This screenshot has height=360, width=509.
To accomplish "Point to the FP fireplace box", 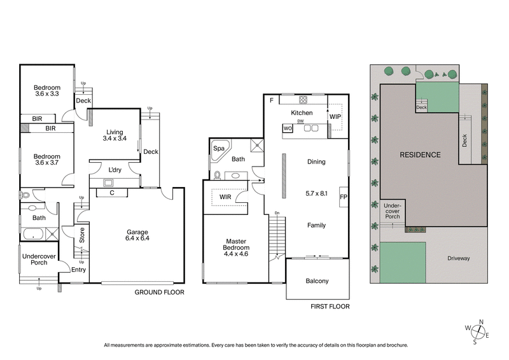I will [344, 197].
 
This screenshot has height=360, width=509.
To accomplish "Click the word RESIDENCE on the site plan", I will [421, 155].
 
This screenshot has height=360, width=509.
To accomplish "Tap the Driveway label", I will [458, 258].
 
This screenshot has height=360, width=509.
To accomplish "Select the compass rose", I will [478, 331].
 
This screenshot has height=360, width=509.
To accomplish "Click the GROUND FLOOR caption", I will [159, 293].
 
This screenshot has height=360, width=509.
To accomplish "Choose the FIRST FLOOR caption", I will [330, 307].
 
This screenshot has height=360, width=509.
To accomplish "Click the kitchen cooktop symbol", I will [303, 99].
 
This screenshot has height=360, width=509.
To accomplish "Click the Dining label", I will [316, 162].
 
